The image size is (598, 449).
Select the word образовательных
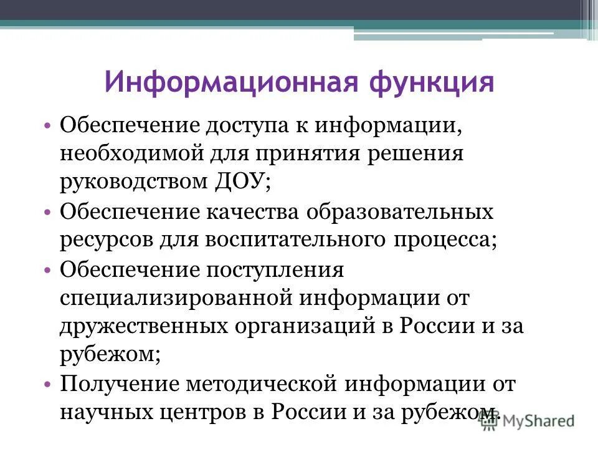399,212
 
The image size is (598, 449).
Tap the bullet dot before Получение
49,384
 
